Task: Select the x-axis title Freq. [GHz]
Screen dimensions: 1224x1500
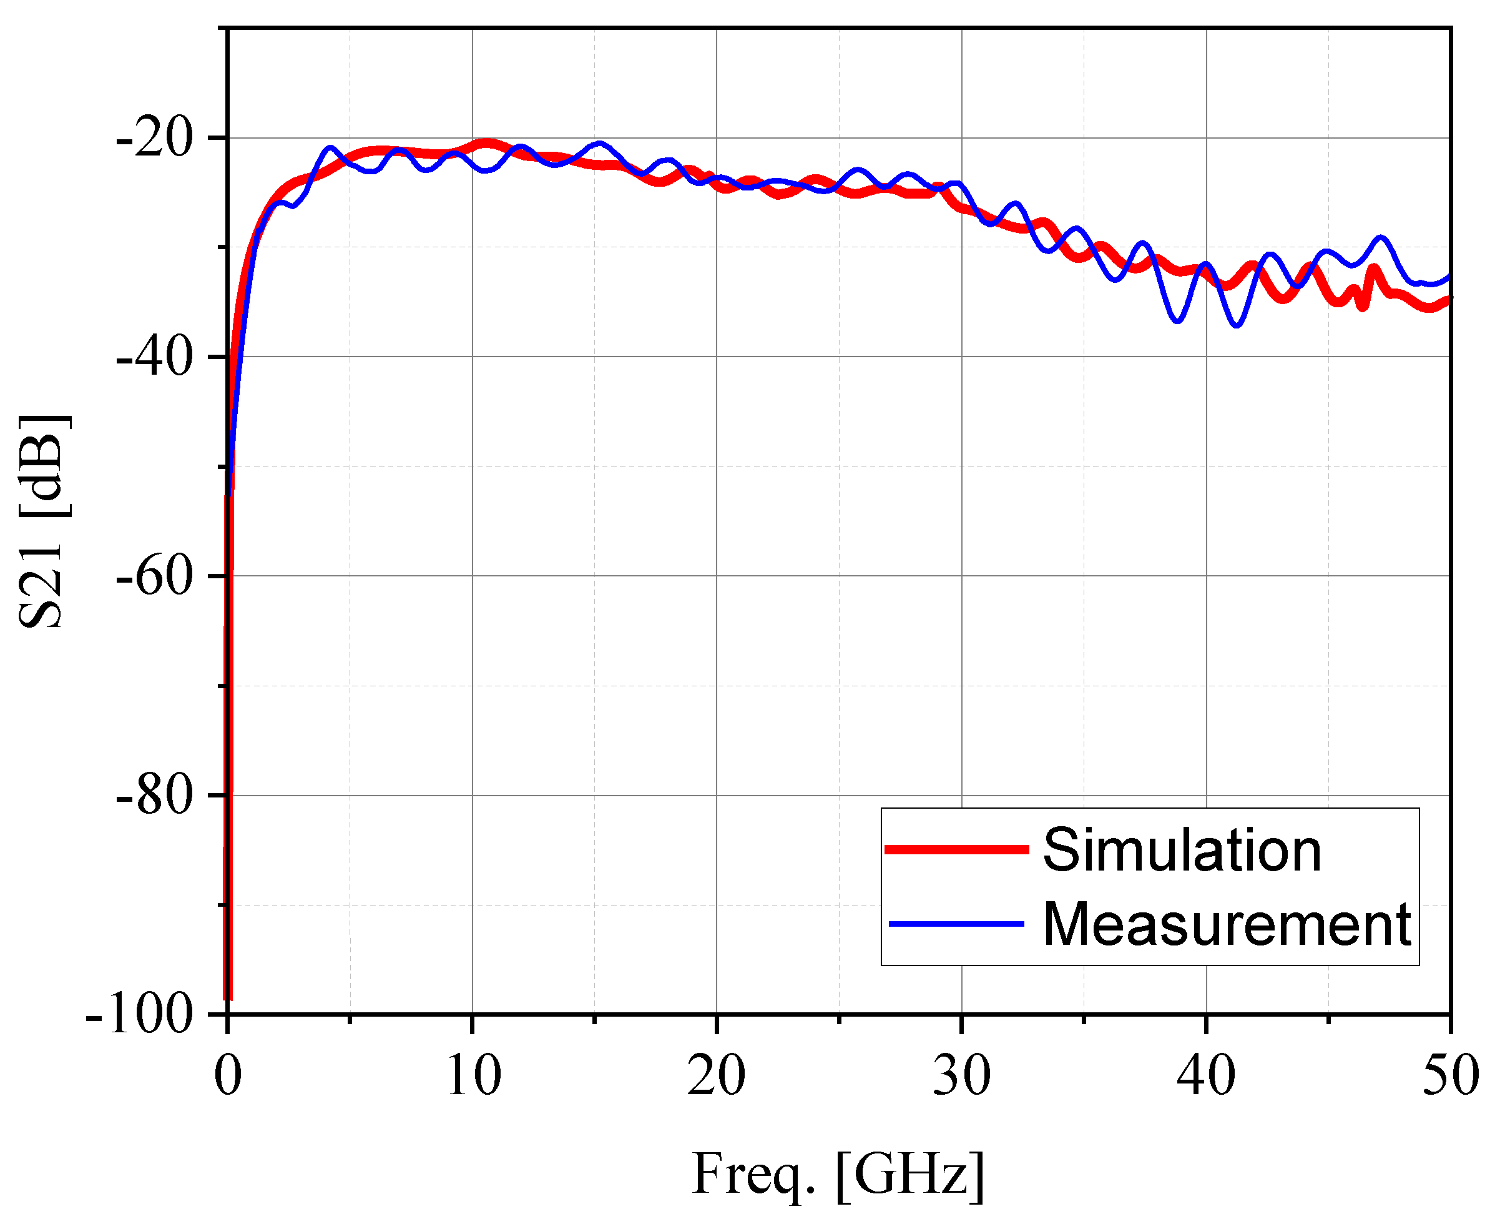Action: point(838,1174)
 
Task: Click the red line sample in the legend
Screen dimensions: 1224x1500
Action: point(956,849)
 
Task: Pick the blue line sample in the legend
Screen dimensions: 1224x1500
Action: point(956,924)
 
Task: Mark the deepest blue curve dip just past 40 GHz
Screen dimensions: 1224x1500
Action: point(1237,325)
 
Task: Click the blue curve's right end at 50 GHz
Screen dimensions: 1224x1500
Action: point(1449,275)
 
